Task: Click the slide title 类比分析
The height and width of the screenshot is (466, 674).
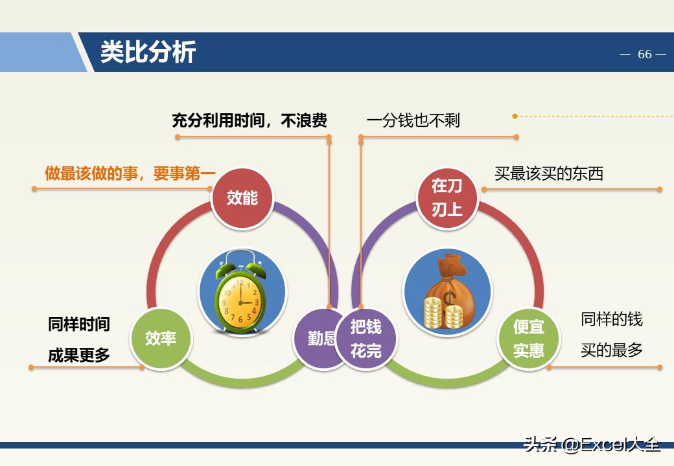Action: coord(148,52)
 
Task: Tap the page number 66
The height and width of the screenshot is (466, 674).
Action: coord(644,54)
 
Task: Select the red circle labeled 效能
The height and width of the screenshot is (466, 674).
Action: coord(242,197)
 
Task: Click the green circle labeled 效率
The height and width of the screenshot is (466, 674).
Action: coord(161,337)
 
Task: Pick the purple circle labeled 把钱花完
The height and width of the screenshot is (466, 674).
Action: coord(366,338)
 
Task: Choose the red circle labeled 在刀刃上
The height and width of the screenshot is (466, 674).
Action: coord(447,197)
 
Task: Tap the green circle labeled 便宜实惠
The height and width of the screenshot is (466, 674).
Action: coord(528,338)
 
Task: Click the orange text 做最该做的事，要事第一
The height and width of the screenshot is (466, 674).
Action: coord(130,173)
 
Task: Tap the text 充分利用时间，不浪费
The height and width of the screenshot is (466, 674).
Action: coord(249,120)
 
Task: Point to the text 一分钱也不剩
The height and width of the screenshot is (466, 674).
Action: coord(413,120)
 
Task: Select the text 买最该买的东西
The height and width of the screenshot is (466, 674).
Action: coord(548,173)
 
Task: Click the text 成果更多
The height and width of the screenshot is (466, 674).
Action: coord(79,355)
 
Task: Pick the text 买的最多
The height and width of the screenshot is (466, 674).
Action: coord(611,350)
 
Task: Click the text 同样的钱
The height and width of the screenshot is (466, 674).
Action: coord(611,319)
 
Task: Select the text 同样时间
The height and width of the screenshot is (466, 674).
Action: coord(79,324)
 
